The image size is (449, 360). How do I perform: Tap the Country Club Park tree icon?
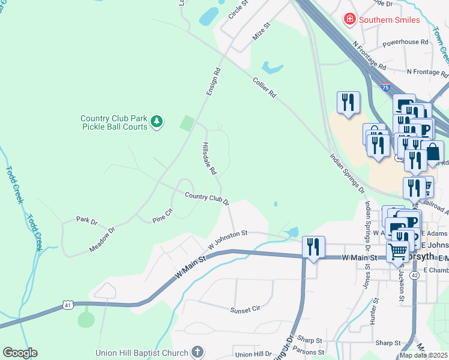click(x=157, y=122)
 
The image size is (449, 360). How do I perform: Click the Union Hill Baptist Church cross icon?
click(x=198, y=352)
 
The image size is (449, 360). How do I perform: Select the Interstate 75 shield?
click(x=385, y=87)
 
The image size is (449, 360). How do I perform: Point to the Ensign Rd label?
click(x=213, y=81)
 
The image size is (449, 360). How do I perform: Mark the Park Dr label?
click(x=86, y=220)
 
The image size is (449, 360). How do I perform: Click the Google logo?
click(x=20, y=353)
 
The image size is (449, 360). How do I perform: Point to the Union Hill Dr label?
click(x=254, y=355)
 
